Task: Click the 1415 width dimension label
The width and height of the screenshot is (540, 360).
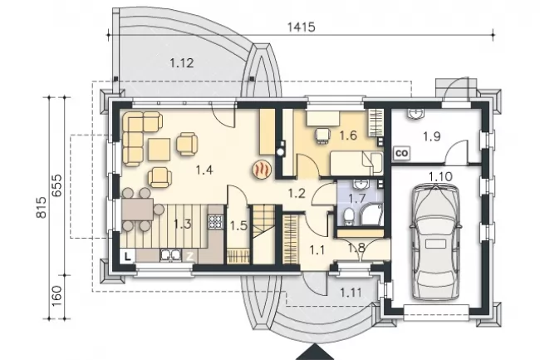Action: (301, 27)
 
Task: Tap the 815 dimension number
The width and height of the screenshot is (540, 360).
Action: (42, 207)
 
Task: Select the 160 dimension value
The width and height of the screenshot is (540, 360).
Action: (56, 296)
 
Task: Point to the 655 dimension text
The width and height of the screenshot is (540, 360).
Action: (56, 185)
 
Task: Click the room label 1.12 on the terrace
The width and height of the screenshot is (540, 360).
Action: (182, 63)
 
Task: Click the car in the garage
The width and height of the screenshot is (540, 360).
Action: (435, 242)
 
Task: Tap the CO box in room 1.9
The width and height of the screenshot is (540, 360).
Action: (401, 153)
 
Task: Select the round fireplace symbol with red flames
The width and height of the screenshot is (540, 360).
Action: (263, 169)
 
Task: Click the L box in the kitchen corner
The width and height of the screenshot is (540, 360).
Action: (127, 256)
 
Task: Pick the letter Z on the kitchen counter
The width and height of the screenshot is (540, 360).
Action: (189, 256)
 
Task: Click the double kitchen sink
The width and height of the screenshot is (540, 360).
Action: (170, 255)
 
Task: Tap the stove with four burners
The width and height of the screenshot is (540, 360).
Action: (216, 222)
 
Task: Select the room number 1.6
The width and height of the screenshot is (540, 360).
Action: (348, 136)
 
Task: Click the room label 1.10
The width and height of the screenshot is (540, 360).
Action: (440, 177)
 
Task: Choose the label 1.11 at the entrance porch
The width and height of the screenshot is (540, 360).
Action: (351, 293)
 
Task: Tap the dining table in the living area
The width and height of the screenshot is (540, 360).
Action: (137, 210)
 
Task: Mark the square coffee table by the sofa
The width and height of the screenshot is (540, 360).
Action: (160, 150)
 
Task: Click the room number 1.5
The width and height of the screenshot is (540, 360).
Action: (238, 226)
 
